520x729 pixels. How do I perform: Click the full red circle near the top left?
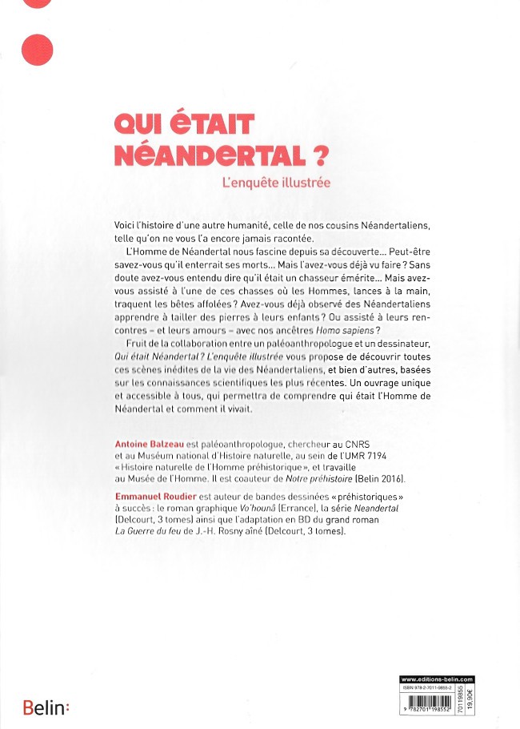click(38, 50)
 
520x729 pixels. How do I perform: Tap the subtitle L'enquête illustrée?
click(276, 183)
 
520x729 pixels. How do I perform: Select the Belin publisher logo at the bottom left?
click(46, 707)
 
